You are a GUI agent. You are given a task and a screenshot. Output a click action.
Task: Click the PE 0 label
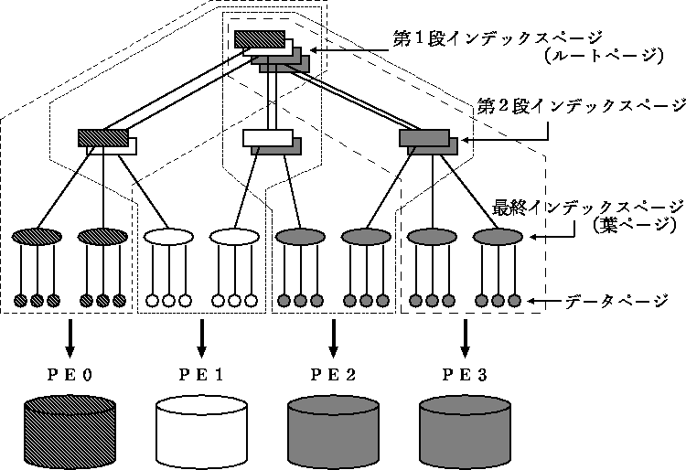coord(69,373)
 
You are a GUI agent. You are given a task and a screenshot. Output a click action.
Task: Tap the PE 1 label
coord(200,373)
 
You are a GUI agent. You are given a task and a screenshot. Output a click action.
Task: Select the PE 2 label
coord(332,373)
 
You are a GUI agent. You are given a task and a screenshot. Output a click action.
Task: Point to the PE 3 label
coord(465,373)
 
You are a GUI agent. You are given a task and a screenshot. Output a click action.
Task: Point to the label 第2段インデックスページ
coord(582,106)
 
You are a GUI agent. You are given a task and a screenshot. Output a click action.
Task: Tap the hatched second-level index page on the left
coord(102,137)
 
